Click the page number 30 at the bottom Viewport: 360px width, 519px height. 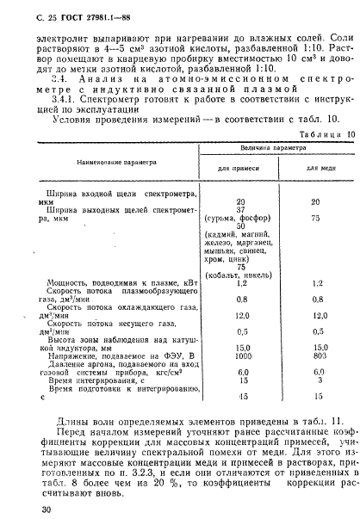point(34,509)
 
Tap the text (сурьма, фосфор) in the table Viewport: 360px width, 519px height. point(228,218)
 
